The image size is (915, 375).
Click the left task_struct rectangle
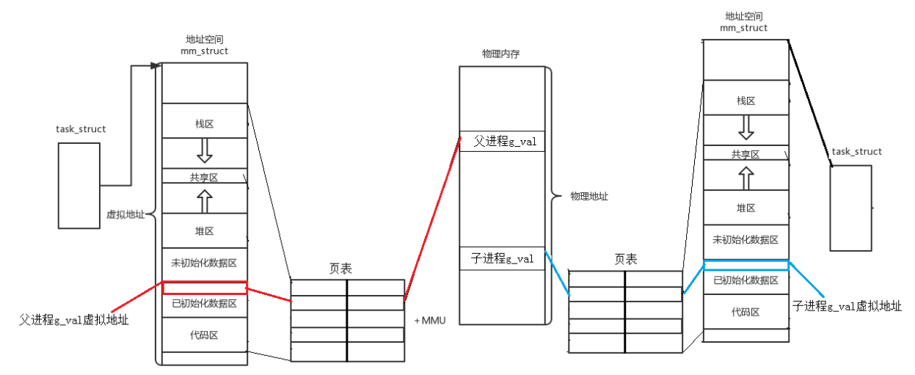pyautogui.click(x=79, y=184)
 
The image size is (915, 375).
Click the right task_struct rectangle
pyautogui.click(x=850, y=208)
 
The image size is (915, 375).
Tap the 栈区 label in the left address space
pyautogui.click(x=204, y=124)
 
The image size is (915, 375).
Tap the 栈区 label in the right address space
pyautogui.click(x=746, y=101)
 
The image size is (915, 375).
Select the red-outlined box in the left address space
pyautogui.click(x=205, y=288)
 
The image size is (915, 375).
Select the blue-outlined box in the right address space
pyautogui.click(x=746, y=265)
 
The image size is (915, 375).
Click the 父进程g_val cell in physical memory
pyautogui.click(x=502, y=142)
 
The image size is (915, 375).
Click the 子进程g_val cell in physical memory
pyautogui.click(x=502, y=258)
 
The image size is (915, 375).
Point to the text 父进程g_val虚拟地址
pyautogui.click(x=74, y=320)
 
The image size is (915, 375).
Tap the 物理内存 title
pyautogui.click(x=500, y=54)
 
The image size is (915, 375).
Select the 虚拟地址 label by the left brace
pyautogui.click(x=125, y=215)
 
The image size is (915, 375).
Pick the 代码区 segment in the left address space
pyautogui.click(x=204, y=335)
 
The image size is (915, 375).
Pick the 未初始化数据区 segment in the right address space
pyautogui.click(x=746, y=240)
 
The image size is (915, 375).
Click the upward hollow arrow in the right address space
pyautogui.click(x=746, y=177)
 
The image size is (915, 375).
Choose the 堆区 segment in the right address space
pyautogui.click(x=746, y=208)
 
